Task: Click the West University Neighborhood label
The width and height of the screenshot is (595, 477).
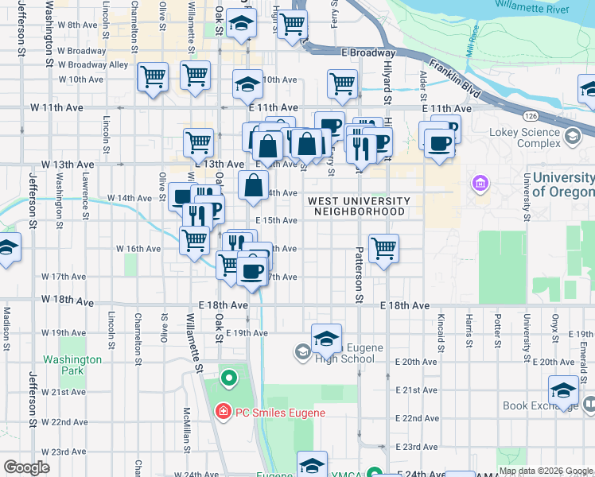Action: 360,207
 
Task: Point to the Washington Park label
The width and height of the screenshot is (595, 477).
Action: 72,365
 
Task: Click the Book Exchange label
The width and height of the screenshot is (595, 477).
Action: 538,405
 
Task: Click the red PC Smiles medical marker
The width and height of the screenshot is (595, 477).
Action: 224,413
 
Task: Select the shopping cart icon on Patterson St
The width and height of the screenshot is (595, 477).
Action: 383,248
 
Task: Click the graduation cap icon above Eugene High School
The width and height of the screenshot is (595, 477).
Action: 326,339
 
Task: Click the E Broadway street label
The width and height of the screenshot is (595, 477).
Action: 368,52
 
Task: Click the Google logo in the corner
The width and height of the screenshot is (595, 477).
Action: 27,467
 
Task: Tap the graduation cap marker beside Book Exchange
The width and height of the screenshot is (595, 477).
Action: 563,390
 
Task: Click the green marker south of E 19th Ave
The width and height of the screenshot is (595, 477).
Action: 228,377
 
